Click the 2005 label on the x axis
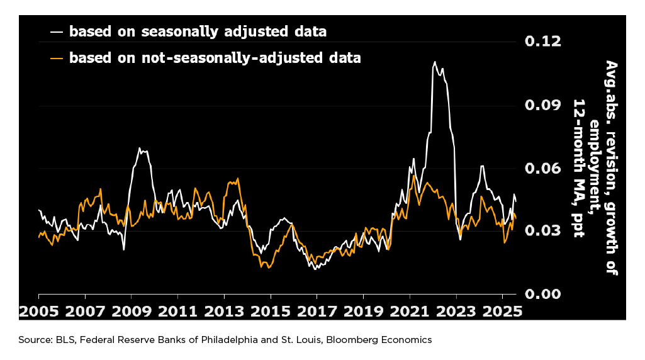tap(38, 311)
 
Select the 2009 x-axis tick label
tap(131, 311)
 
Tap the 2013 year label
tap(224, 311)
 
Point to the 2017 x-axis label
tap(317, 311)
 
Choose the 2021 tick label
tap(410, 311)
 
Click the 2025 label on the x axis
tap(502, 311)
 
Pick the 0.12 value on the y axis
tap(542, 42)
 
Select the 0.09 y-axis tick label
tap(542, 104)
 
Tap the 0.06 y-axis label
tap(542, 168)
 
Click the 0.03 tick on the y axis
tap(542, 231)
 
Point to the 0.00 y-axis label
tap(542, 294)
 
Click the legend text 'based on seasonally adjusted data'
tap(198, 31)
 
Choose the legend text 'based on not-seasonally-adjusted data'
tap(215, 58)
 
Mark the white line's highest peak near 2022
tap(434, 62)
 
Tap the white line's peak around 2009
tap(140, 149)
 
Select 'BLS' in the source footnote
tap(59, 340)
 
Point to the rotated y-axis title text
tap(594, 168)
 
